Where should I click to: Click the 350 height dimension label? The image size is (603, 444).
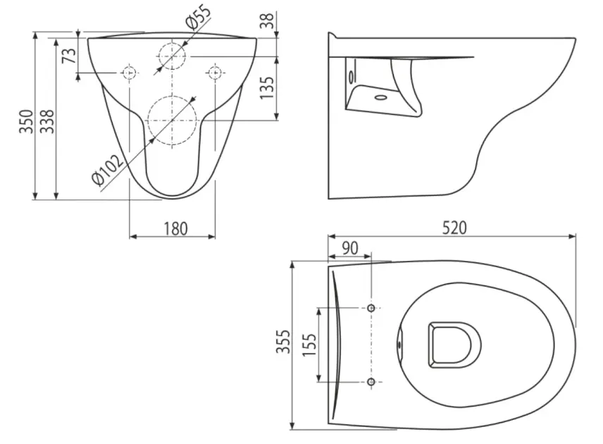pyautogui.click(x=26, y=122)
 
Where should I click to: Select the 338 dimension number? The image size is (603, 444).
pyautogui.click(x=47, y=122)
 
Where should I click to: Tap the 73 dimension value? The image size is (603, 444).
pyautogui.click(x=69, y=56)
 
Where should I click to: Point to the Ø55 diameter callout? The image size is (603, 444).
pyautogui.click(x=199, y=17)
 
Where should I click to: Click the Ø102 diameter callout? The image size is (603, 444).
pyautogui.click(x=108, y=168)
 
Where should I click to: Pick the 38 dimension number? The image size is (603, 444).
pyautogui.click(x=267, y=20)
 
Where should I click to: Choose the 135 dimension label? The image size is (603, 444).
pyautogui.click(x=267, y=87)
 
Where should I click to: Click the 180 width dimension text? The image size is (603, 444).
pyautogui.click(x=175, y=228)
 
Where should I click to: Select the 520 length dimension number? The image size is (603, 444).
pyautogui.click(x=454, y=228)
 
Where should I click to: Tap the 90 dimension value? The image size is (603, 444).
pyautogui.click(x=350, y=249)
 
